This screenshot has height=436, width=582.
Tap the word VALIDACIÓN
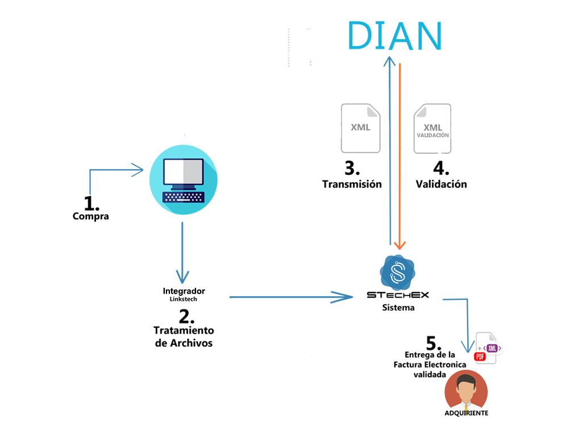pyautogui.click(x=433, y=136)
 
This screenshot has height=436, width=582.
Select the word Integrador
pyautogui.click(x=184, y=291)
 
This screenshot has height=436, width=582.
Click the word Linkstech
pyautogui.click(x=183, y=299)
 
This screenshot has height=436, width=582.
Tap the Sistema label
pyautogui.click(x=398, y=308)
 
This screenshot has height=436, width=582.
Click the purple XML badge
pyautogui.click(x=492, y=348)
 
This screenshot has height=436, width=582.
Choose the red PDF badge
pyautogui.click(x=479, y=357)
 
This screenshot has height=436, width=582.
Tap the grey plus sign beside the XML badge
pyautogui.click(x=479, y=346)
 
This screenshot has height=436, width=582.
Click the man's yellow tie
pyautogui.click(x=465, y=408)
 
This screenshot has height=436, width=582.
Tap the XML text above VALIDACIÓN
pyautogui.click(x=433, y=127)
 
